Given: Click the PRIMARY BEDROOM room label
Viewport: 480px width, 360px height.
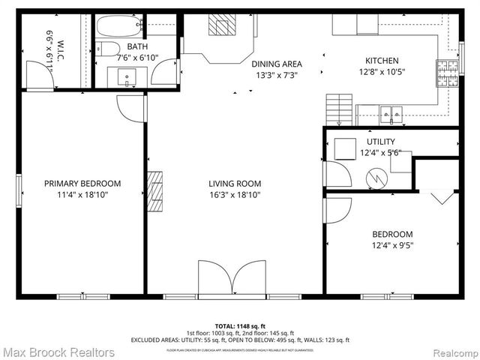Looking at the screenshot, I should click(x=82, y=183).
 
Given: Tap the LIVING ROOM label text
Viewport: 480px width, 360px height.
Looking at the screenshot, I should click(x=235, y=183).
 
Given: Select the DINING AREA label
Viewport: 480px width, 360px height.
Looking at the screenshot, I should click(x=276, y=64).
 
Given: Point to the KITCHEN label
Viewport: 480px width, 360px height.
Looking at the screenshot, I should click(x=382, y=61).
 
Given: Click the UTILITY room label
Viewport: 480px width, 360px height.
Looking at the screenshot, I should click(x=380, y=142).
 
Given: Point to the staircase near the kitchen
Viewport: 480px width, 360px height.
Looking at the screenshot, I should click(x=339, y=111).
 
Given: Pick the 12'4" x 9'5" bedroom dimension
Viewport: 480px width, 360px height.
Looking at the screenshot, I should click(x=392, y=244).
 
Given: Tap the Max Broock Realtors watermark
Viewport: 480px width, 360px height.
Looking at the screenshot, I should click(x=58, y=352).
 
